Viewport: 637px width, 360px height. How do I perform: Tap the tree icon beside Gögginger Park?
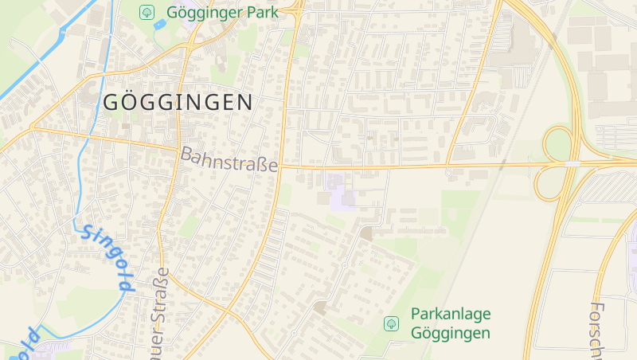point(147,12)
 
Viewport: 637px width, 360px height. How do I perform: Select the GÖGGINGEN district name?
point(177,102)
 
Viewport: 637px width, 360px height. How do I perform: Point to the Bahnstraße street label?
point(229,159)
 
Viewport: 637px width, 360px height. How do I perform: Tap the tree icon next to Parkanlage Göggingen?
point(391,323)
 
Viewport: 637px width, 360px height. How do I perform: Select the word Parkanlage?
point(451,314)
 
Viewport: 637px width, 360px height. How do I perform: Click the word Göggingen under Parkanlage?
point(451,333)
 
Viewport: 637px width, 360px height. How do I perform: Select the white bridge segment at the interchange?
point(572,163)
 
